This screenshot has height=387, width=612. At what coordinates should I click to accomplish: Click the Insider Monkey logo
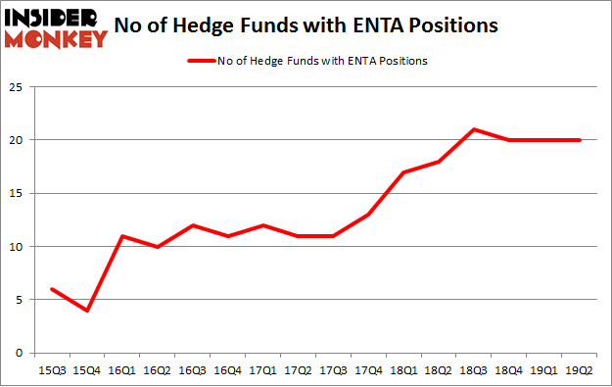[x=56, y=27]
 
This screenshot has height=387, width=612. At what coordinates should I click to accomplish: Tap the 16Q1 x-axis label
[x=122, y=370]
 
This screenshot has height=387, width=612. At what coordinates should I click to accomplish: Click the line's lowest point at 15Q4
[x=88, y=311]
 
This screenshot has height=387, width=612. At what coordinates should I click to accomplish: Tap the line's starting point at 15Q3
[x=53, y=289]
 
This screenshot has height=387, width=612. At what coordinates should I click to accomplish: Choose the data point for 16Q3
[x=193, y=225]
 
